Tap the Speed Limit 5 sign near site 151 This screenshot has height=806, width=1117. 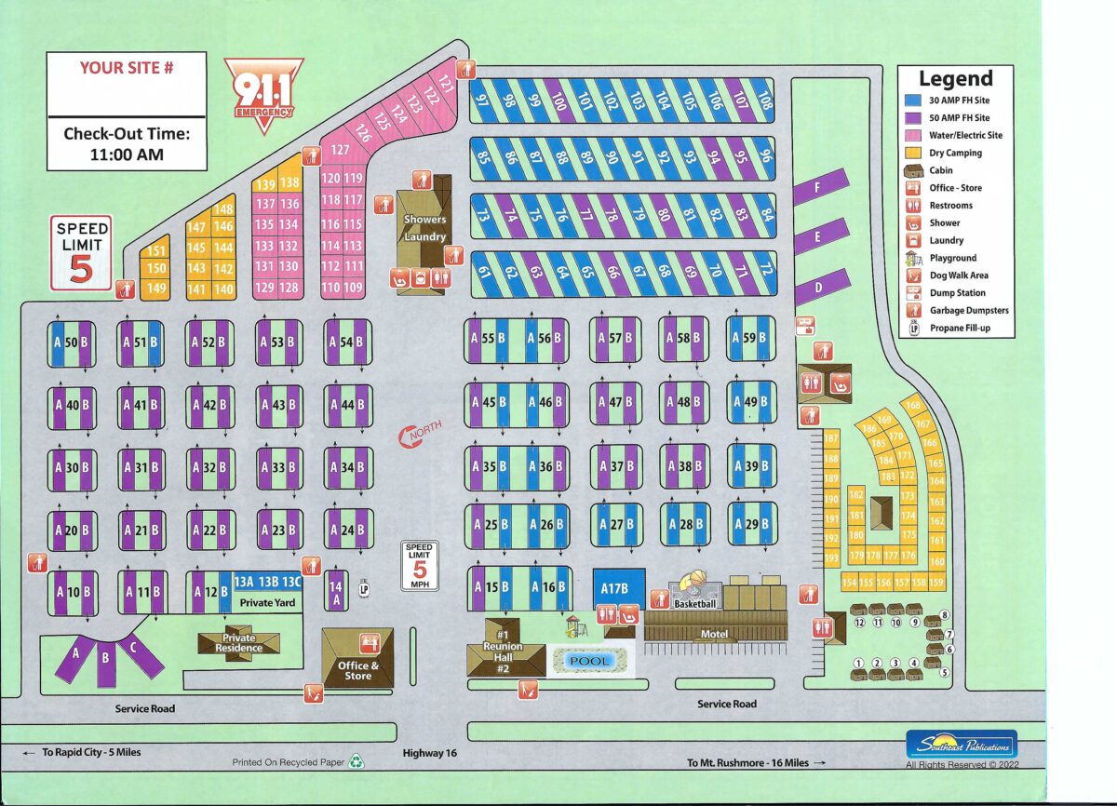coord(82,253)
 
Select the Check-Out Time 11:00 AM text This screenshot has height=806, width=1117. coord(127,144)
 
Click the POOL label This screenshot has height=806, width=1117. coord(590,661)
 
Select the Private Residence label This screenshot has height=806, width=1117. coord(238,643)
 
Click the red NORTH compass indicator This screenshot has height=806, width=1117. coord(419,434)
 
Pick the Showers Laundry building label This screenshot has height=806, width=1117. coord(424,228)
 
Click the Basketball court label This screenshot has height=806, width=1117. coord(694,604)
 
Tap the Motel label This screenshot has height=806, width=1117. coord(713,635)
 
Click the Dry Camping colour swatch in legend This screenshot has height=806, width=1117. coord(914,153)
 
